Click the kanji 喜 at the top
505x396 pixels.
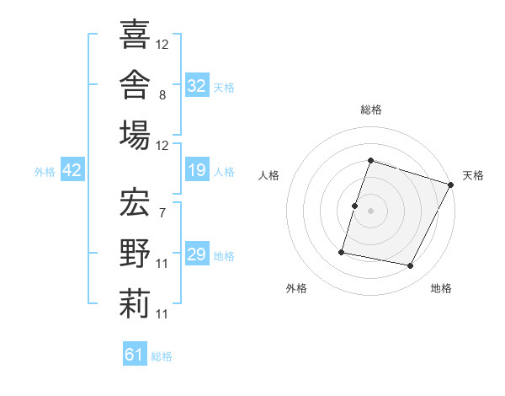[x=135, y=34]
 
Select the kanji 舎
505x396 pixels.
[x=135, y=84]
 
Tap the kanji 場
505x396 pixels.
[x=135, y=135]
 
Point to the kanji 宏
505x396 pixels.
[x=135, y=202]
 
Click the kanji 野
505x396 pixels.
[x=135, y=253]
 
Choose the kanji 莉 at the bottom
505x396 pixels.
[x=135, y=304]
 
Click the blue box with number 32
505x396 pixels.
[x=197, y=85]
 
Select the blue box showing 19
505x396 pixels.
[x=197, y=169]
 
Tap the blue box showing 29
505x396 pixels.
[x=197, y=253]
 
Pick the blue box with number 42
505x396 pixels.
[x=72, y=169]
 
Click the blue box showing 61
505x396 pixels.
[x=135, y=353]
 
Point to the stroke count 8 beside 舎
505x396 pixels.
[x=162, y=95]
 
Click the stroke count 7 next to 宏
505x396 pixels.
[x=162, y=213]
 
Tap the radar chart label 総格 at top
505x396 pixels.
[x=371, y=110]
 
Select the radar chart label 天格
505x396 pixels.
[x=473, y=175]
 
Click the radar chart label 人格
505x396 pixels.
[x=268, y=175]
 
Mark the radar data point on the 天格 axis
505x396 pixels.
[x=451, y=185]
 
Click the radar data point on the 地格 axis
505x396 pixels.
[x=411, y=266]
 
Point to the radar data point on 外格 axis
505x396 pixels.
[x=342, y=252]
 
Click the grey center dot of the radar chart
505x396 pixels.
[x=370, y=211]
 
